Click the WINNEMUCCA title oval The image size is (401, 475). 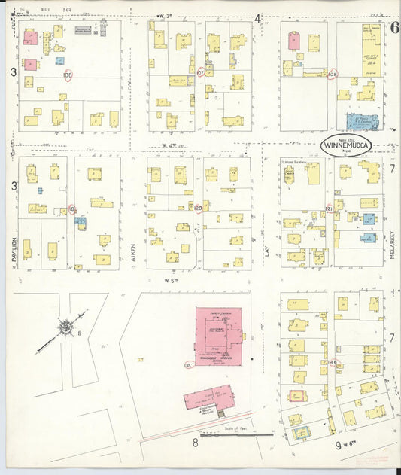coord(345,146)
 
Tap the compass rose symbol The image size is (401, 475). coord(66,327)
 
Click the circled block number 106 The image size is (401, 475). coord(68,75)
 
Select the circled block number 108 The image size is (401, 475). coord(333,74)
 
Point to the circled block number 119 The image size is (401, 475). coord(71,209)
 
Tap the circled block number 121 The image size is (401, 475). coord(329,208)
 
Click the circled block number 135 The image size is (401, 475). coord(187,365)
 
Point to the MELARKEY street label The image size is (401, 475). coord(393,245)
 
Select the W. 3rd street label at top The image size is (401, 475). coord(166,16)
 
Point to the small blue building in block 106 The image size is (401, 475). coord(59,60)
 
